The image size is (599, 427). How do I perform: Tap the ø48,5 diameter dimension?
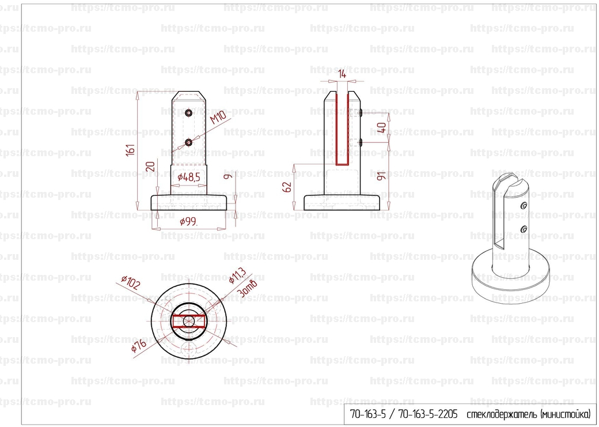pyautogui.click(x=189, y=177)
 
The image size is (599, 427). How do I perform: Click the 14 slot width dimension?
pyautogui.click(x=342, y=73)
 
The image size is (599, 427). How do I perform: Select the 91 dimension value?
pyautogui.click(x=381, y=176)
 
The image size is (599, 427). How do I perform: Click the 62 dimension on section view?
pyautogui.click(x=288, y=186)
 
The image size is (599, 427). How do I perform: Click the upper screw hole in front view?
pyautogui.click(x=189, y=114)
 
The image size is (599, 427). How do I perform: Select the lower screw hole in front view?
pyautogui.click(x=189, y=141)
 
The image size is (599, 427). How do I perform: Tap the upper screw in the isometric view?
pyautogui.click(x=524, y=206)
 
